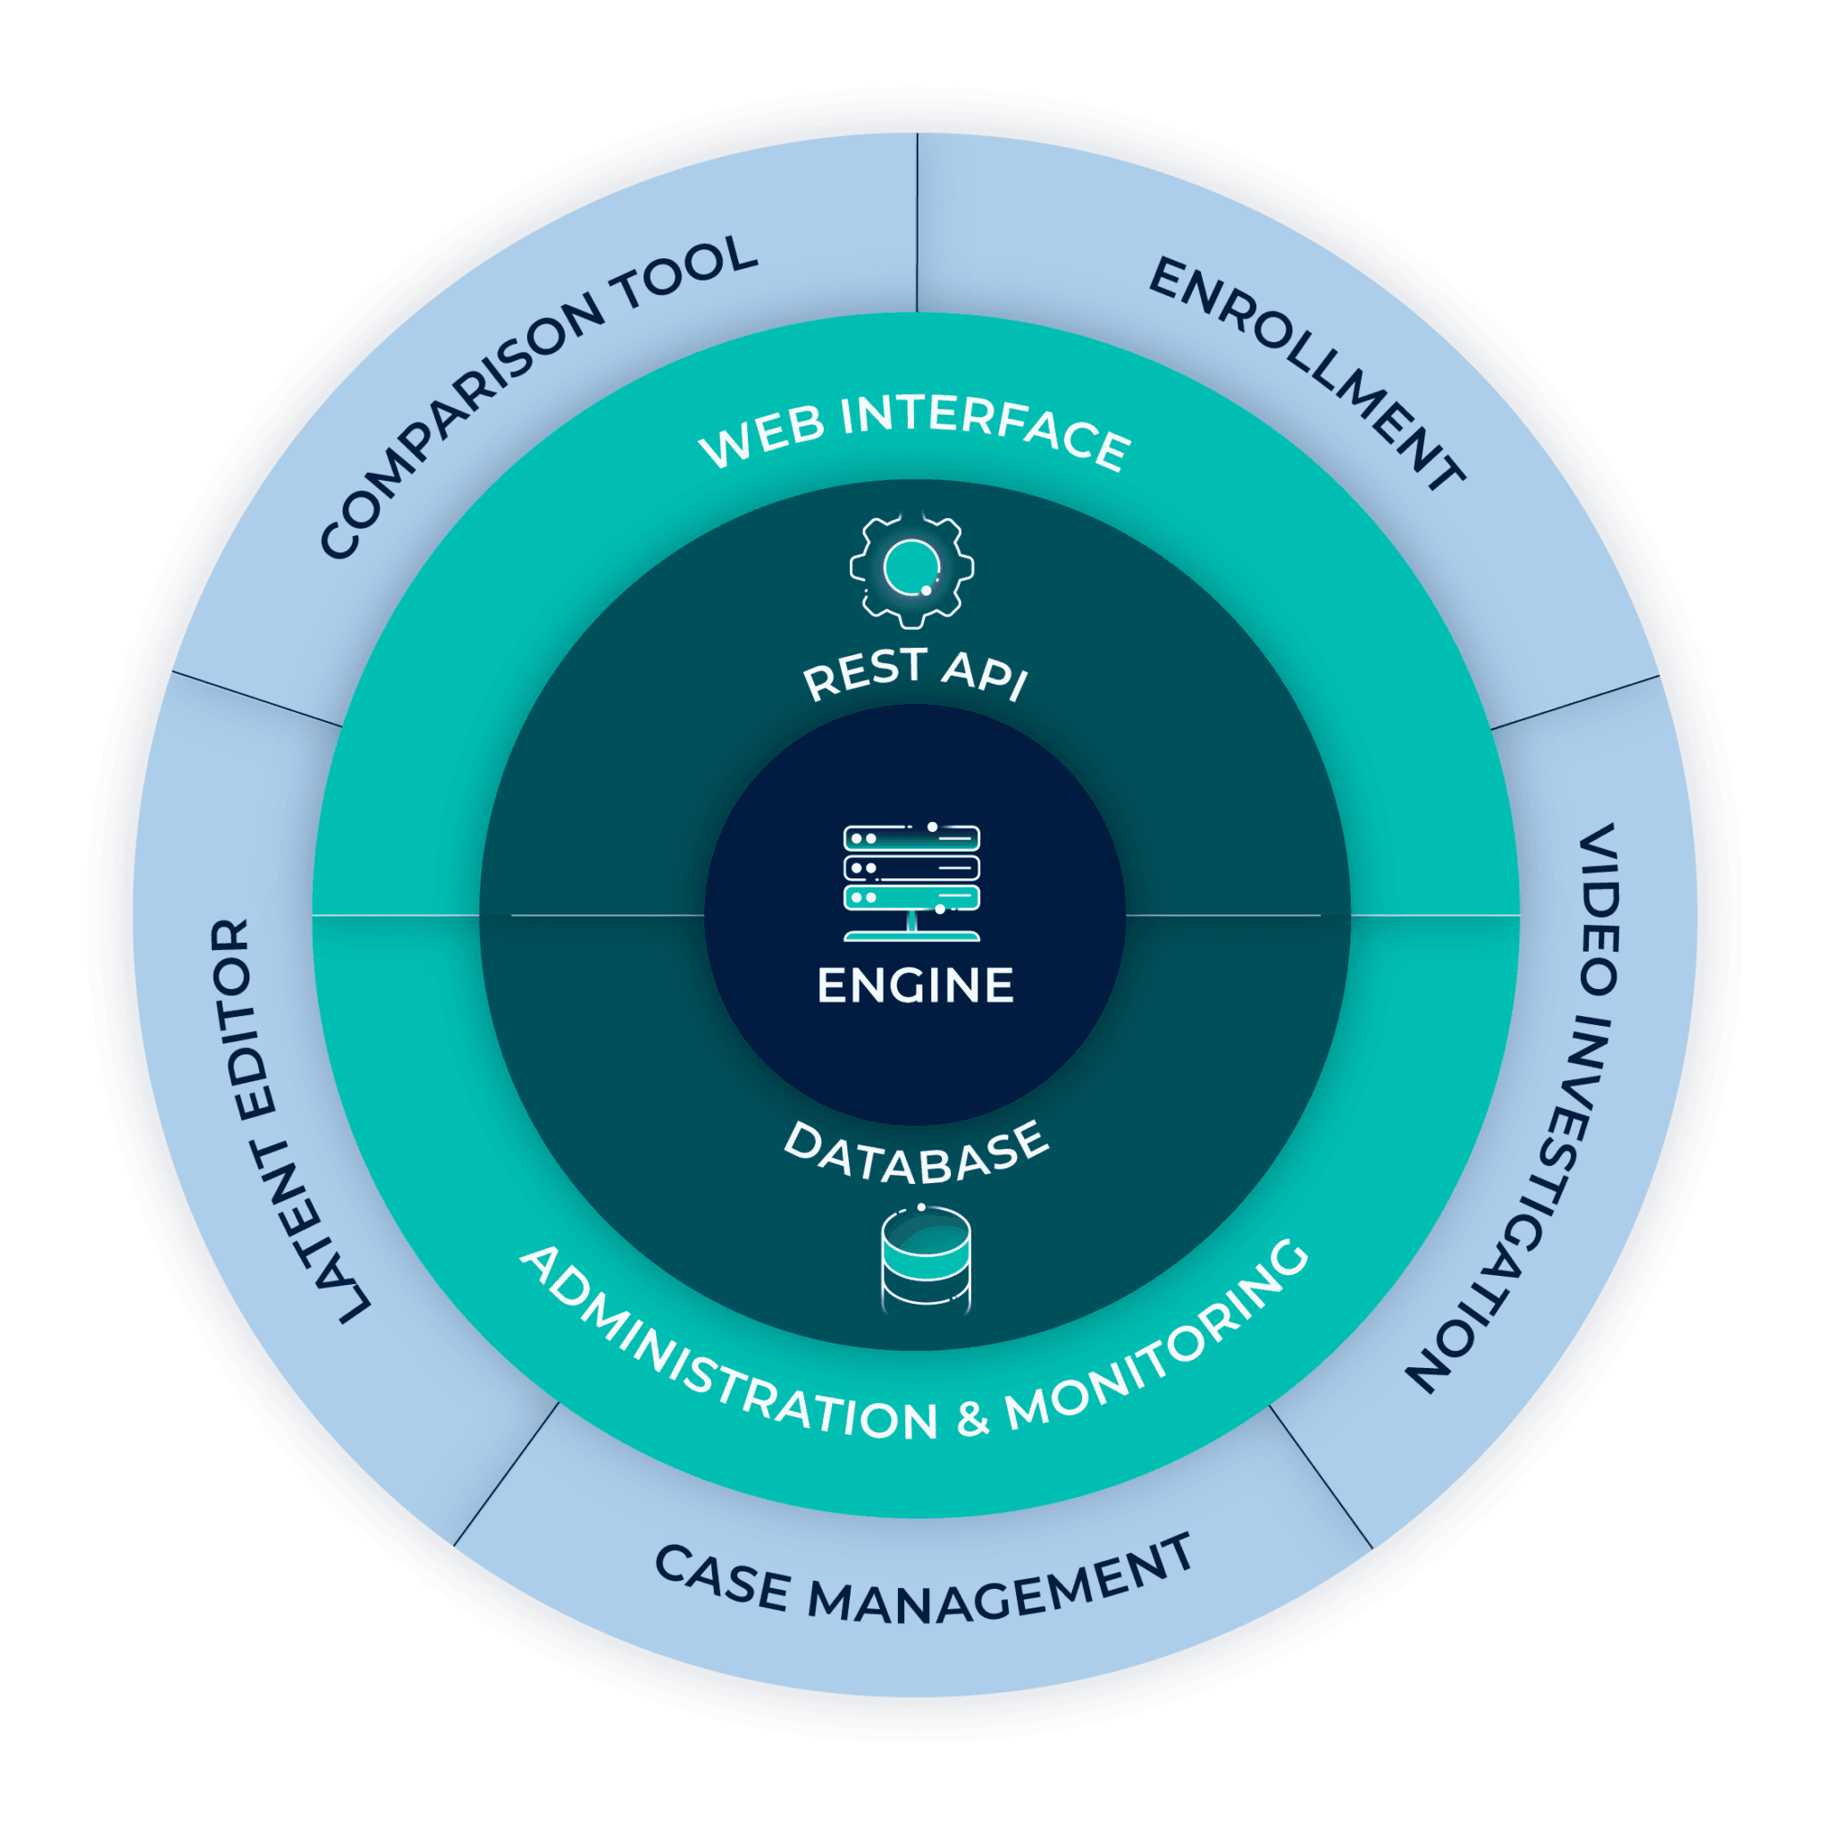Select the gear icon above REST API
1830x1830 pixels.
(911, 568)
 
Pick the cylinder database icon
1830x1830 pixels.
(926, 1260)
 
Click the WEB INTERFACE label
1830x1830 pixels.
(915, 431)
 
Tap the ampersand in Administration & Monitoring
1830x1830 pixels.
(972, 1418)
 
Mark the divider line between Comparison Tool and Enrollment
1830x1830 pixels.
(916, 222)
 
